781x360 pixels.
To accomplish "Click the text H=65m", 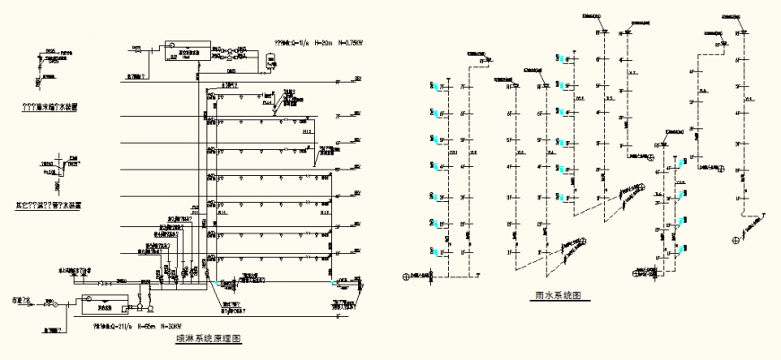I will click(145, 328).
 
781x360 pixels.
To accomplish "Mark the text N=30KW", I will click(173, 328).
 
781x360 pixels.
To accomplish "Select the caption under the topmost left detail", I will click(50, 107).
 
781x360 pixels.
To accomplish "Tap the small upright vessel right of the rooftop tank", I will click(270, 62).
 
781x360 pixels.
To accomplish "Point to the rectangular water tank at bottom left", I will click(103, 303).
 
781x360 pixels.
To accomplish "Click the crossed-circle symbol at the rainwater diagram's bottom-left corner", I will click(407, 277).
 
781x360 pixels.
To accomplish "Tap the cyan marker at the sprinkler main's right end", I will click(334, 283).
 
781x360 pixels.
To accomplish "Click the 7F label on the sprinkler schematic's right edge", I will click(339, 116).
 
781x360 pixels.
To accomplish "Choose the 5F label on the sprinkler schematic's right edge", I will click(339, 170).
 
